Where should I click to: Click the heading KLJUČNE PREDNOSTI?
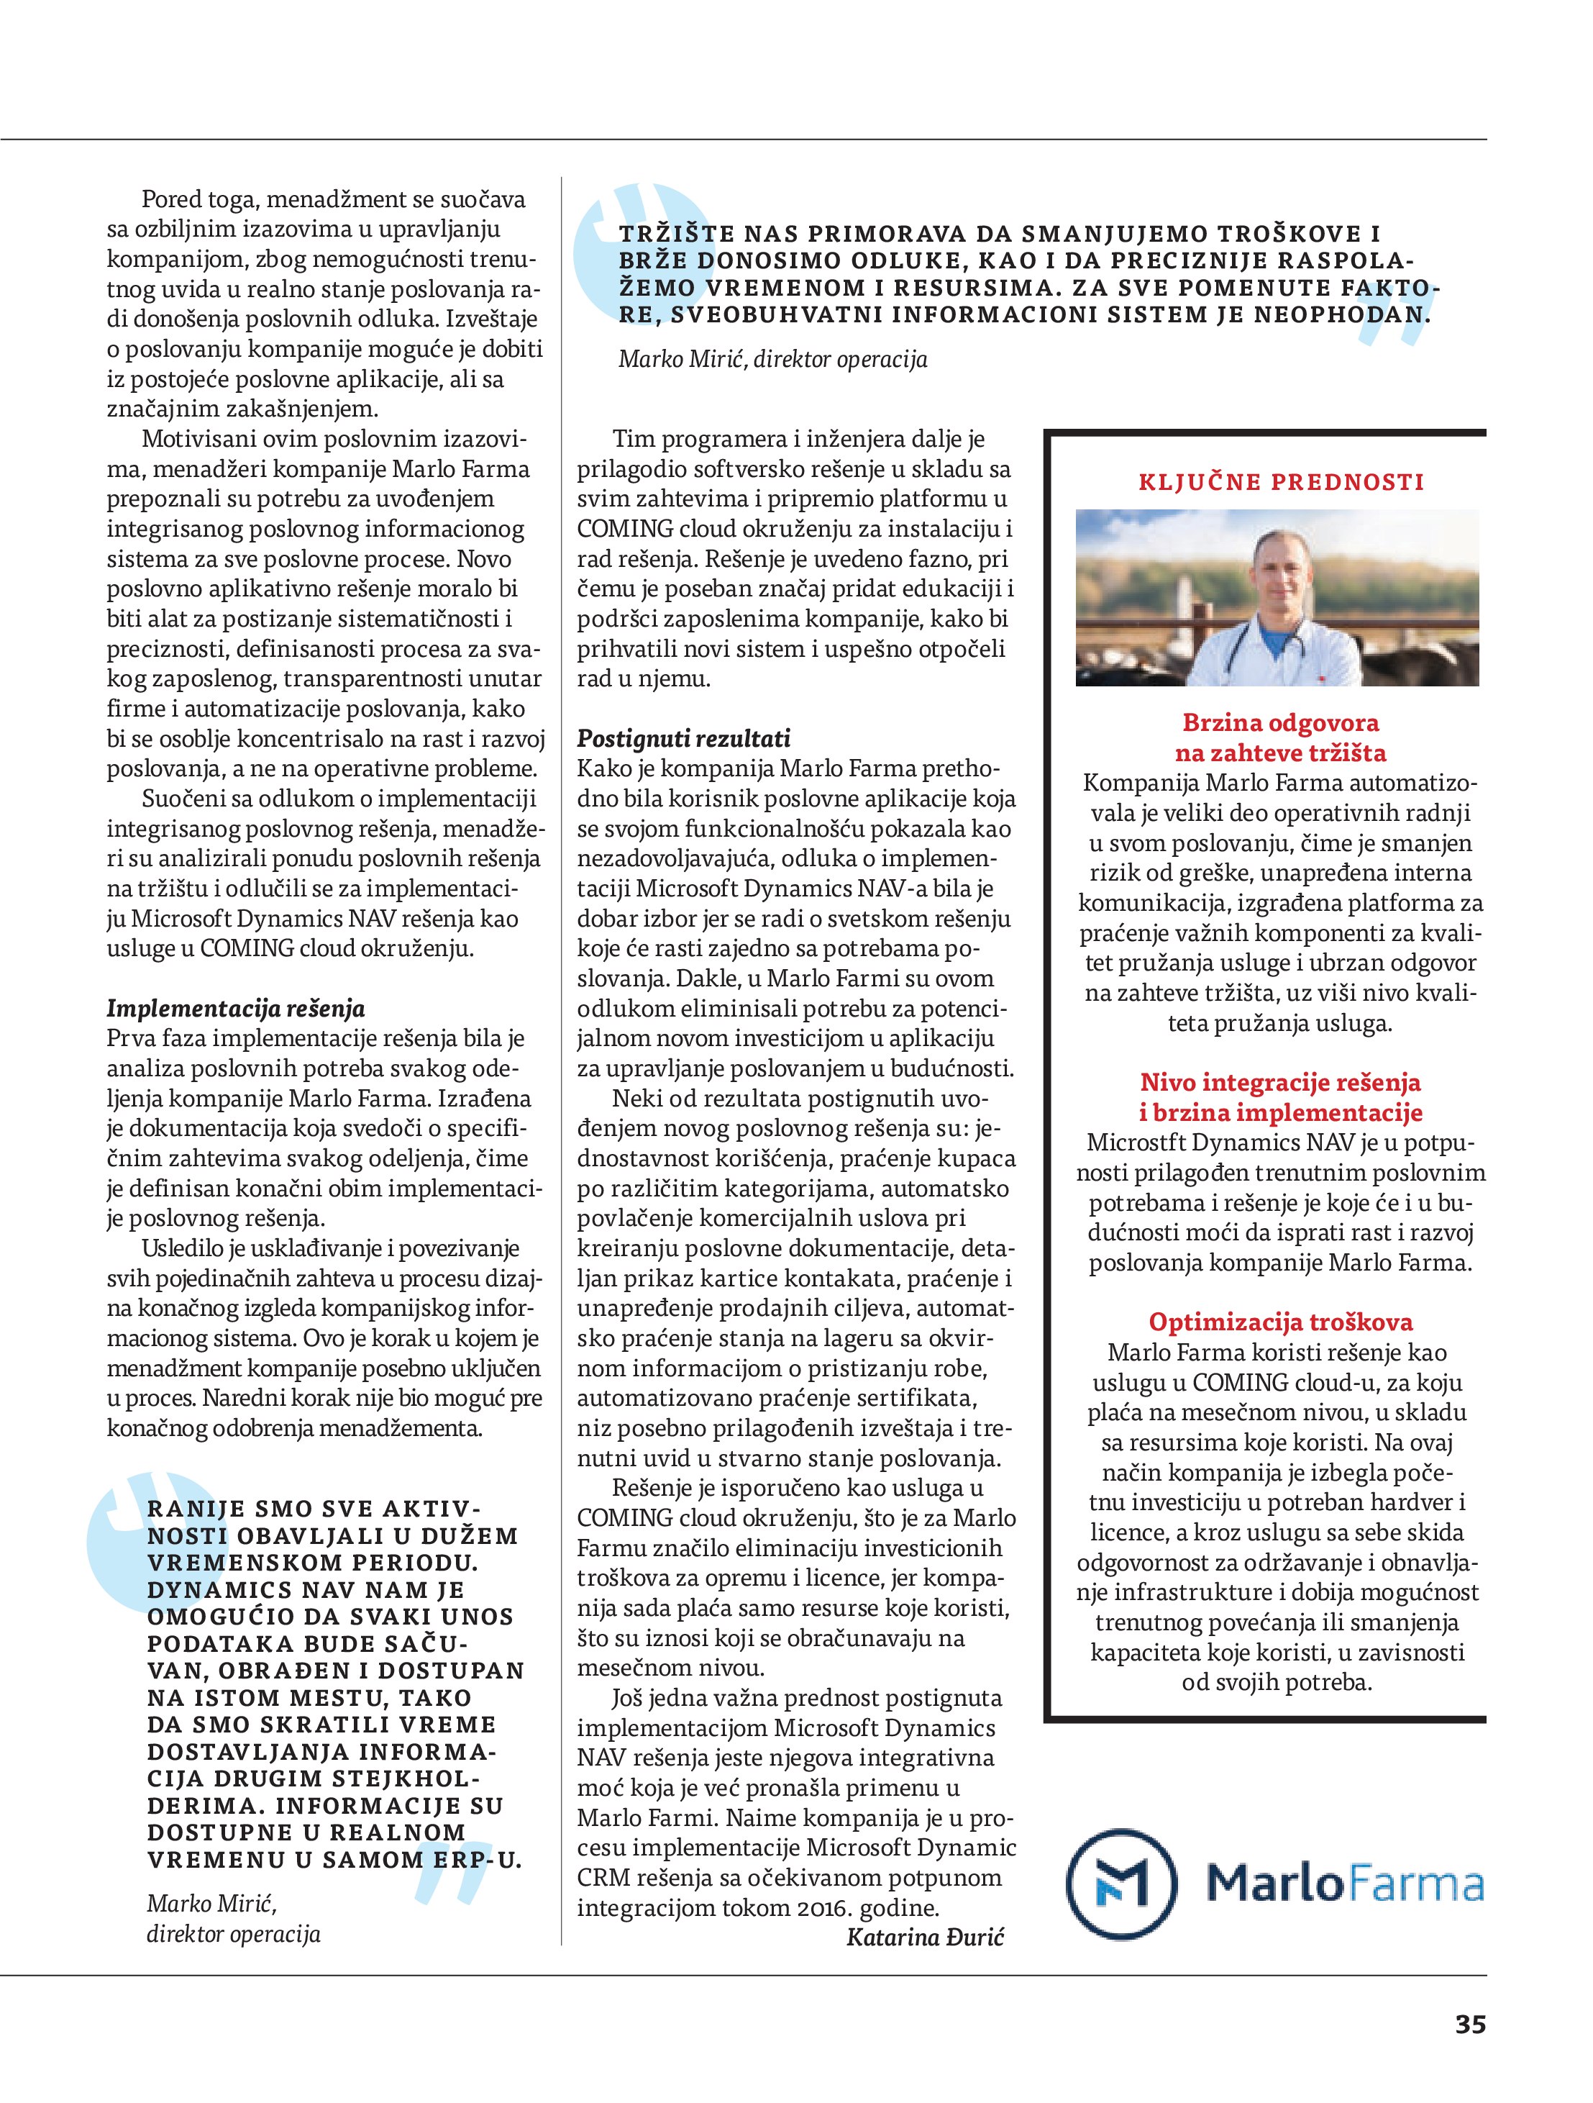tap(1282, 482)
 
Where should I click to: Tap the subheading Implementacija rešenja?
tap(234, 1008)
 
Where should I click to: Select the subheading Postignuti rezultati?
tap(683, 739)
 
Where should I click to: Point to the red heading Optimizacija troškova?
tap(1280, 1322)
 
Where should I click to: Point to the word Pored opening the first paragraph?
tap(169, 200)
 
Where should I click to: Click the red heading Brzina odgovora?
tap(1280, 722)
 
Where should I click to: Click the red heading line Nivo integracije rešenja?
tap(1280, 1082)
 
